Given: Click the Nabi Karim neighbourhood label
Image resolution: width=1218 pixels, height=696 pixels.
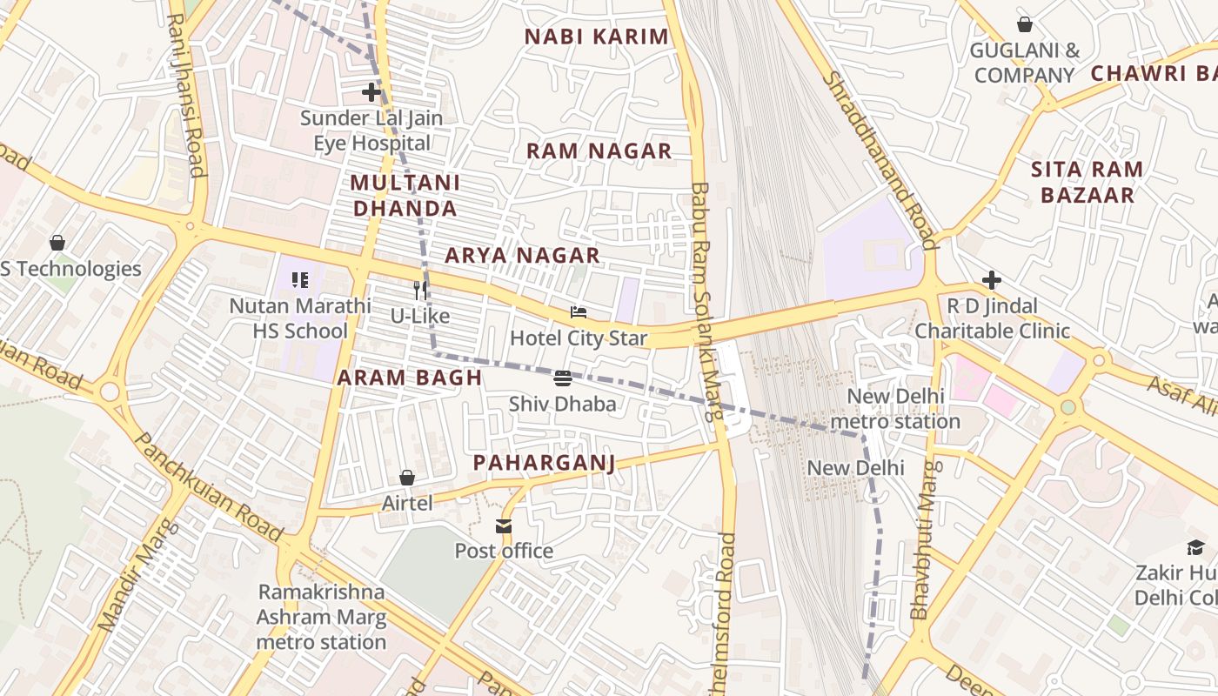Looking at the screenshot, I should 597,37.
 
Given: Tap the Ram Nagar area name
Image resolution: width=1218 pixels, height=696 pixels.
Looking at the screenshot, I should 599,151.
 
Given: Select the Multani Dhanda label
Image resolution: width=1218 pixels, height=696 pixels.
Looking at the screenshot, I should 405,196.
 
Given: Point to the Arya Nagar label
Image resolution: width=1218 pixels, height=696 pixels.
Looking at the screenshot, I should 522,255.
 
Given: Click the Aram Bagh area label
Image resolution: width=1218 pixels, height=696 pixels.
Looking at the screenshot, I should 409,378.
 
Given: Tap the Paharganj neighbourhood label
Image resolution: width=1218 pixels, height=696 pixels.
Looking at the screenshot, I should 544,462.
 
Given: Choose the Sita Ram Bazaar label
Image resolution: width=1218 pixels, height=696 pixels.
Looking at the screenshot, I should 1087,182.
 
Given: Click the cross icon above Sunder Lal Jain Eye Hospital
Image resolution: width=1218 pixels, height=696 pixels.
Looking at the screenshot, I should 371,91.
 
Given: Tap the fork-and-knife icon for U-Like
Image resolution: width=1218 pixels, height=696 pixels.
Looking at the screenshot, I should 421,290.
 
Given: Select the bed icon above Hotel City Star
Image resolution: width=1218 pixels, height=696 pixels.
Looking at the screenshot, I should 579,312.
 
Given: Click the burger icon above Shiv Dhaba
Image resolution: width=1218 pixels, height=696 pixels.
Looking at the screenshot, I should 563,378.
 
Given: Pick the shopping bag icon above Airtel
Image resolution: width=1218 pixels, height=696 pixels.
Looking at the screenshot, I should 406,478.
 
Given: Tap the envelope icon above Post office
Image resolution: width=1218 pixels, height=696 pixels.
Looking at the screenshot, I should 504,525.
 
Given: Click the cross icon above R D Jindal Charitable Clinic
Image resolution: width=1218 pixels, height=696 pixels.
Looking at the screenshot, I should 991,280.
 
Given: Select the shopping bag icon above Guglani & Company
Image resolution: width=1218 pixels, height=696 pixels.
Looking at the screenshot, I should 1025,24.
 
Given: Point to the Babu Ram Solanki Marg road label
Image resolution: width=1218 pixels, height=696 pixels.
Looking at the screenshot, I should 704,300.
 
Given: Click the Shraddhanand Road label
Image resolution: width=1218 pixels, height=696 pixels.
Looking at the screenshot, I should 879,160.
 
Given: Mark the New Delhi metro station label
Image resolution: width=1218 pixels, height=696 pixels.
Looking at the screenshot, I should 895,409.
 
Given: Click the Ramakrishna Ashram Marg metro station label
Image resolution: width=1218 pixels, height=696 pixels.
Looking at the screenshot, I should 321,617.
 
